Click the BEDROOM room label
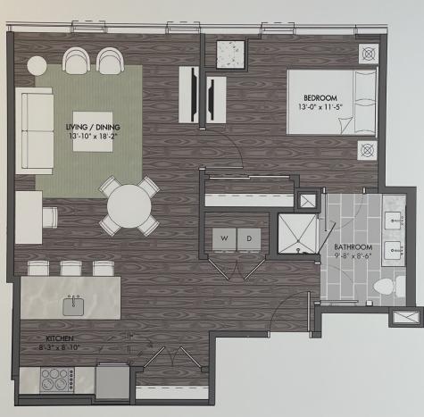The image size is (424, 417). (320, 97)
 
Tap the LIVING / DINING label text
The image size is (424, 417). (93, 127)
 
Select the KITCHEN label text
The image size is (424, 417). (60, 338)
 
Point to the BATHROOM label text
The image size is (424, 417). (353, 247)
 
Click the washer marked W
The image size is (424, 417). (224, 238)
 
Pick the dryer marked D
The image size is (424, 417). (249, 238)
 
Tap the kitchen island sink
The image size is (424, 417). (73, 306)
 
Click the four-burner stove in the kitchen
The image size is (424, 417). (57, 379)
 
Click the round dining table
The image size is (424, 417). (129, 206)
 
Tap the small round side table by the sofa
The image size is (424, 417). (37, 66)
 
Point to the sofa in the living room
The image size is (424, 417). (34, 130)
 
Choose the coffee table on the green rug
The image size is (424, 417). (93, 131)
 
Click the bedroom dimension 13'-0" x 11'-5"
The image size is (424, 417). (320, 107)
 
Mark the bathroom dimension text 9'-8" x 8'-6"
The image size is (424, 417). (353, 256)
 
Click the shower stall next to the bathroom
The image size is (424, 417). (297, 234)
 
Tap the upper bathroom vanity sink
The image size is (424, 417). (394, 221)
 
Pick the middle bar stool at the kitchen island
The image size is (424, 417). (71, 268)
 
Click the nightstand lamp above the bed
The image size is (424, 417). (369, 54)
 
